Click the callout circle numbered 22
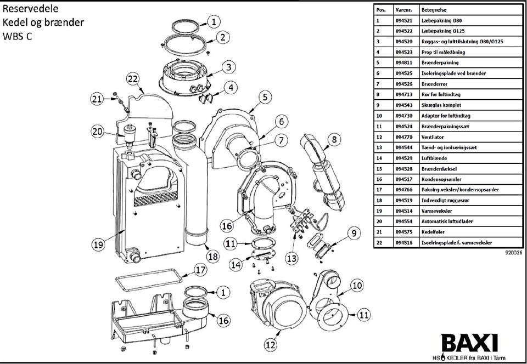tap(133, 79)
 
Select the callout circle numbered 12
tap(271, 345)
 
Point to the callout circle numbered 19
tap(98, 245)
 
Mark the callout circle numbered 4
tap(230, 88)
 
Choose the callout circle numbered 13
tap(291, 258)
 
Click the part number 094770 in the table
tap(403, 137)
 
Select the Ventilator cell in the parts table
tap(433, 137)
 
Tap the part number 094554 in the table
tap(403, 221)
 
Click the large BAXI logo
tap(469, 343)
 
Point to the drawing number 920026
tap(514, 254)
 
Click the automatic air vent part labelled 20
tap(128, 136)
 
